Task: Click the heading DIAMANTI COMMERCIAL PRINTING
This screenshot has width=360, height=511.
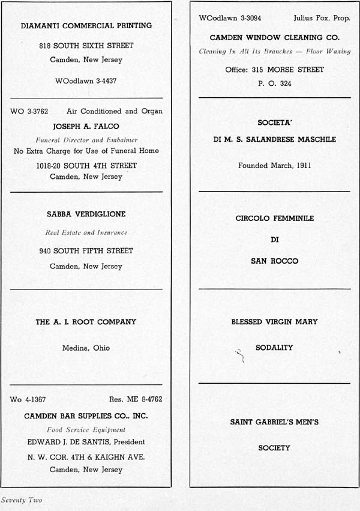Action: click(86, 26)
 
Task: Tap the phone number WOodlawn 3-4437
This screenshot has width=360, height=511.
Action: click(86, 80)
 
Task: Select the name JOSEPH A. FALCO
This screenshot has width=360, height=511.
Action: click(86, 126)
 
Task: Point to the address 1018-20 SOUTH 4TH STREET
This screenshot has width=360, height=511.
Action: click(86, 166)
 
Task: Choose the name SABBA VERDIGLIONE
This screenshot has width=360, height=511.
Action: click(86, 214)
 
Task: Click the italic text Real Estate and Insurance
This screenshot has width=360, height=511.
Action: click(86, 232)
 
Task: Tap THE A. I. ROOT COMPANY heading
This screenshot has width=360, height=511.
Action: click(86, 322)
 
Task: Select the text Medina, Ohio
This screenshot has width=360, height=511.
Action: click(86, 348)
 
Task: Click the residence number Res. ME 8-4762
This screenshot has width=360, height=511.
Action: click(136, 399)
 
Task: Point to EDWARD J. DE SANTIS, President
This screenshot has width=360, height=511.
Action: click(86, 442)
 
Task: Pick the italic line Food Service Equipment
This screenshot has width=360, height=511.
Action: click(86, 429)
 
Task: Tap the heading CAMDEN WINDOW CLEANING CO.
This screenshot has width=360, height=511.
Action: click(275, 37)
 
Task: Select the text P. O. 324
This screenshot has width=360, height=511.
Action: click(275, 83)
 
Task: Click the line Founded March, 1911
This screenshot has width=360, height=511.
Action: click(275, 165)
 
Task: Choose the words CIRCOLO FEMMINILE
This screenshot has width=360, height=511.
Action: click(275, 219)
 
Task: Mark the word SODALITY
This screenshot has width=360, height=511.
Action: click(275, 348)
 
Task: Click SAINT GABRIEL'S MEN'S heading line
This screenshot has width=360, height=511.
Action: click(275, 422)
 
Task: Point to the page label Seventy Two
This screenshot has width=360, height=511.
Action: click(22, 500)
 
